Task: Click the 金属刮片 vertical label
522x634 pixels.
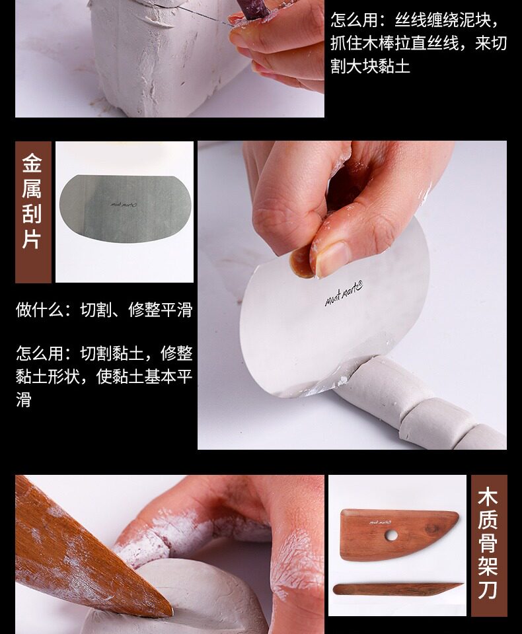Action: (x=32, y=201)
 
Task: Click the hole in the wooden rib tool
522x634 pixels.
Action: (x=391, y=536)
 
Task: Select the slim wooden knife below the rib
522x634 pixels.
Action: (x=398, y=589)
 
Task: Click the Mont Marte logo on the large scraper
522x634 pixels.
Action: (x=344, y=293)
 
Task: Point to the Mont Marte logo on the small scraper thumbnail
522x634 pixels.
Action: (x=124, y=205)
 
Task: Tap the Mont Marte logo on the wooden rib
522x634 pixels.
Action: (x=379, y=522)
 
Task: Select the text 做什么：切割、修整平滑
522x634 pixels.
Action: (x=104, y=310)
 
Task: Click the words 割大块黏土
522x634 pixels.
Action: (x=370, y=66)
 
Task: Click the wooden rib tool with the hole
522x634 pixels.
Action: (x=399, y=534)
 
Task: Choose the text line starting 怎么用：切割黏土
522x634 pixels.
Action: (x=104, y=353)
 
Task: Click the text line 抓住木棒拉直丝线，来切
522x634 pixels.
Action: (x=418, y=43)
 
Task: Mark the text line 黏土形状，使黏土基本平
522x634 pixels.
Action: (x=104, y=376)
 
